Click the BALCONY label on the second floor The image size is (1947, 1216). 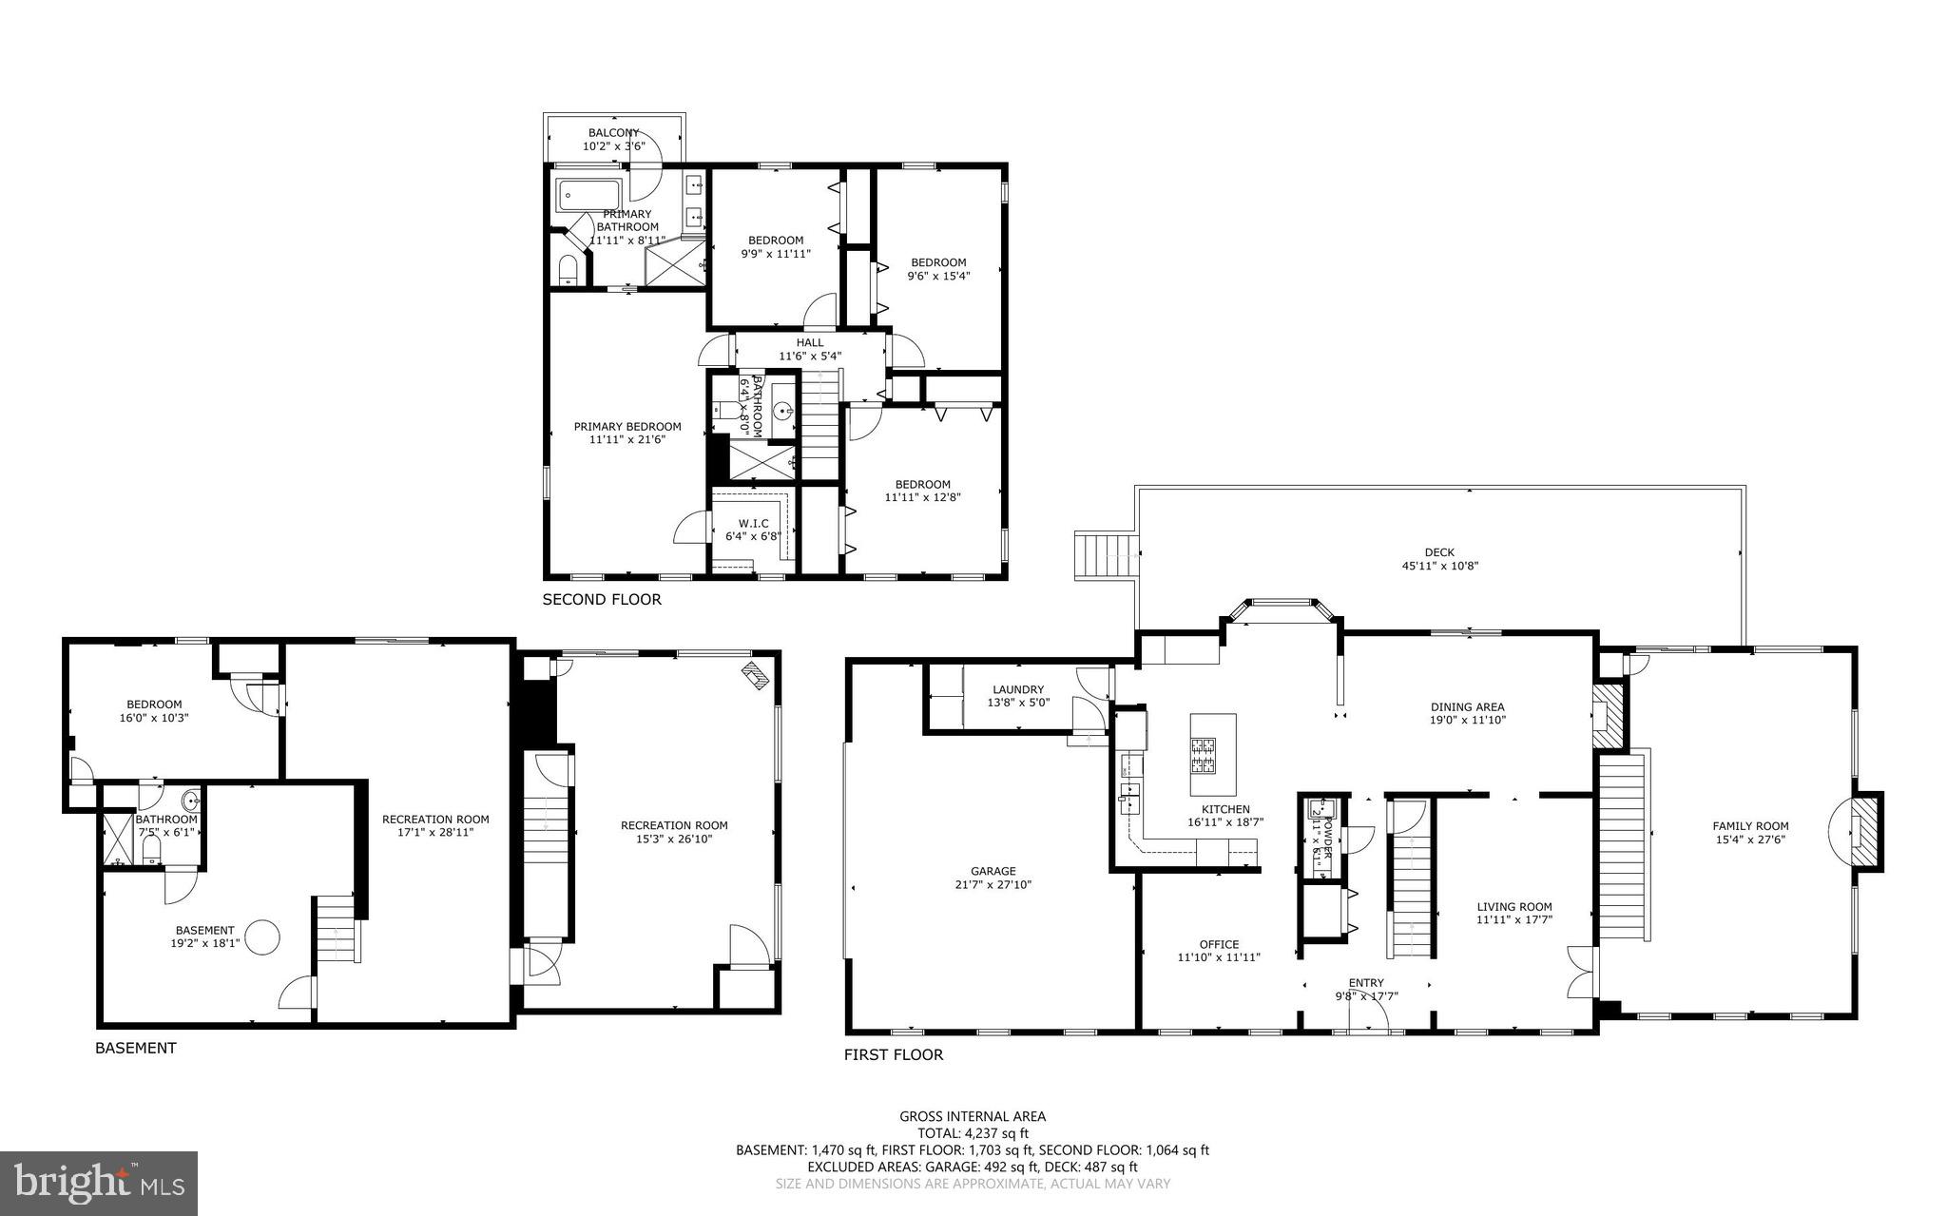[x=613, y=133]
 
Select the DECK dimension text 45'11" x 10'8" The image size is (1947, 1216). [x=1439, y=566]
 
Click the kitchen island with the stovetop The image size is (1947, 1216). [x=1213, y=755]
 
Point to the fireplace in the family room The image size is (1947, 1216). [x=1863, y=832]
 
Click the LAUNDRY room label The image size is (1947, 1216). [x=1018, y=689]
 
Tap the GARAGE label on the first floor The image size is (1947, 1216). [x=993, y=871]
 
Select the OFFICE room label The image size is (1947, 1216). [x=1219, y=944]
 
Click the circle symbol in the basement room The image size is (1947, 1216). [x=263, y=936]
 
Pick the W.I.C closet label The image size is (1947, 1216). [x=754, y=523]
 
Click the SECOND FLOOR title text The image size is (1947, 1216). [x=601, y=600]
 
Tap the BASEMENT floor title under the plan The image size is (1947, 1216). [x=135, y=1048]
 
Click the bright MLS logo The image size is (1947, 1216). [x=99, y=1183]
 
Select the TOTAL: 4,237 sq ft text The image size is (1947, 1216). [x=973, y=1133]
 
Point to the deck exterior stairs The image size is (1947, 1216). [x=1107, y=556]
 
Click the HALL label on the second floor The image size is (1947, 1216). [x=810, y=343]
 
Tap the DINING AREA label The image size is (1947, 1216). [x=1467, y=706]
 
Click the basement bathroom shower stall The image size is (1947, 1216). [x=117, y=838]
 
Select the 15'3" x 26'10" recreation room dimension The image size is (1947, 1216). [x=674, y=839]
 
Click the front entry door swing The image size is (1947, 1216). [x=1369, y=1019]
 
